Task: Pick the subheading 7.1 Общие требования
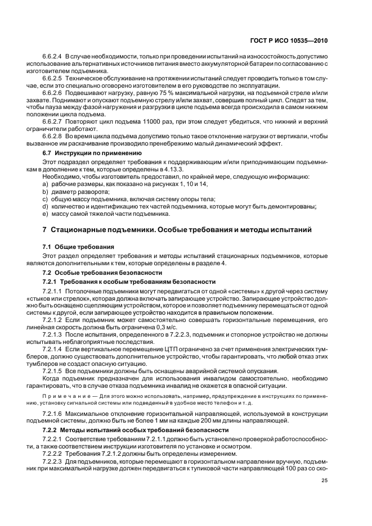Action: click(79, 247)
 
